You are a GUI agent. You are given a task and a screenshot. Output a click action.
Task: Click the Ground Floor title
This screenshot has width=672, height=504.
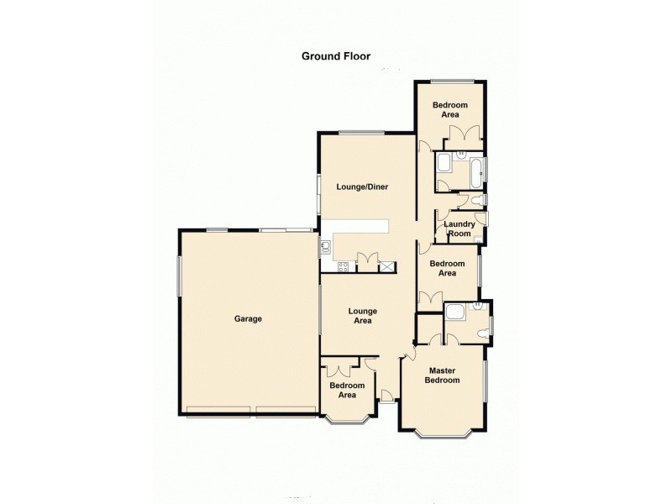pos(336,56)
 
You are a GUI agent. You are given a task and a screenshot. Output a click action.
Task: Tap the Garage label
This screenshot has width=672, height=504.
pos(249,319)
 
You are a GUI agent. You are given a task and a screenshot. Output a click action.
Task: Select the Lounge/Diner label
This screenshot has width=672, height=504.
pos(362,186)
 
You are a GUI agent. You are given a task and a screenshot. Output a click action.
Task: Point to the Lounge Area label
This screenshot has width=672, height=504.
pos(362,315)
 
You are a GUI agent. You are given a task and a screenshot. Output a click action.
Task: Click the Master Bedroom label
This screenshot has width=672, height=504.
pos(444,375)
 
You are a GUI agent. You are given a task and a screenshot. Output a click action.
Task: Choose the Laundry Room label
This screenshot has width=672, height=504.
pos(459,228)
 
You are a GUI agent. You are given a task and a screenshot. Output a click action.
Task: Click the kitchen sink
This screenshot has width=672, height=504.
pos(325,247)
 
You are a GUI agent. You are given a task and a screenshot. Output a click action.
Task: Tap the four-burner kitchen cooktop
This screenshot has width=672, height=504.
pos(342,267)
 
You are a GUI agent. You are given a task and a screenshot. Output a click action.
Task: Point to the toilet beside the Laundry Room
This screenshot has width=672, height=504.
pos(475,199)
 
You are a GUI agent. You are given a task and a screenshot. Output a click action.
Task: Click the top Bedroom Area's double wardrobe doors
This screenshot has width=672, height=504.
pos(463,134)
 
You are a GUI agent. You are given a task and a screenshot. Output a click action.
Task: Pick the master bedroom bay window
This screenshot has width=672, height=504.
pos(444,433)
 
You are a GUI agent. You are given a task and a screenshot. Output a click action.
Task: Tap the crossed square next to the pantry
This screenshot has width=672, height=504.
pos(387,267)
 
